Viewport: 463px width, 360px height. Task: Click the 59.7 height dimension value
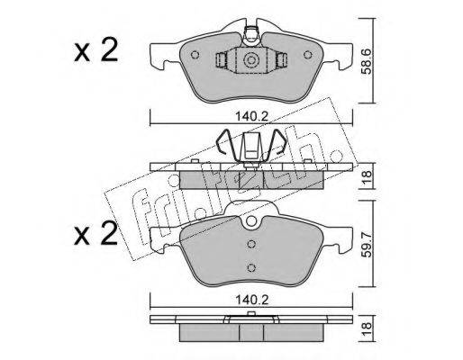[367, 244]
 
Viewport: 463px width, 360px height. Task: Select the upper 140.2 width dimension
[251, 116]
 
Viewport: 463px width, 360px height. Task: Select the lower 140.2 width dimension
[251, 300]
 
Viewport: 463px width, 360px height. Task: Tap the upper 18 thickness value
[367, 177]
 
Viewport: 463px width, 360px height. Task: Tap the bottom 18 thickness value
[367, 328]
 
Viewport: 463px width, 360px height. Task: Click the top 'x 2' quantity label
[96, 51]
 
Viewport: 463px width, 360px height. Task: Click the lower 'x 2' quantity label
[96, 234]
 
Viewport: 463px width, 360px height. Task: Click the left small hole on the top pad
[195, 55]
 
